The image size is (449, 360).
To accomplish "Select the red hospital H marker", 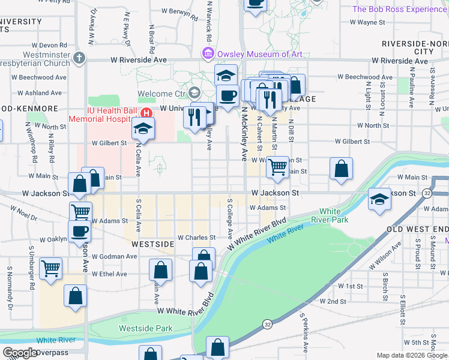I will [x=145, y=113].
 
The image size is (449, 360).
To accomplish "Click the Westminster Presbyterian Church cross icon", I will [x=79, y=58].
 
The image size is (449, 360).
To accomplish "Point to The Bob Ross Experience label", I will [x=400, y=9].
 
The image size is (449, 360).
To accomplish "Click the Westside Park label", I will [x=146, y=328].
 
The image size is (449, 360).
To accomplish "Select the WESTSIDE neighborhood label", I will [x=154, y=244].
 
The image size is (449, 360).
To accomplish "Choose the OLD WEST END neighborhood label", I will [x=417, y=230].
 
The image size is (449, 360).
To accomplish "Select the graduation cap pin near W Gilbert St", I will [x=143, y=128].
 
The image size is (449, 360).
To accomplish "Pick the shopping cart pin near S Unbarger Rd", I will [x=50, y=268].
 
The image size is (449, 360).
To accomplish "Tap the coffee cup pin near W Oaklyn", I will [x=79, y=231].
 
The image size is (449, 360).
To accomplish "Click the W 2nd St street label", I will [x=333, y=301].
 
